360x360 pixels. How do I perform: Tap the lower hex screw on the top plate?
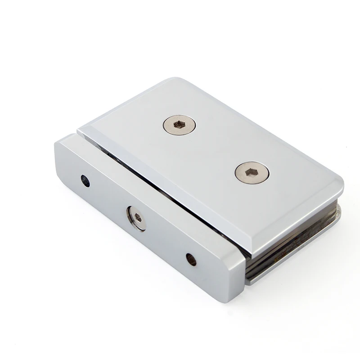(x=252, y=172)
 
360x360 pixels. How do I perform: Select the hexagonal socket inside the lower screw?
(x=252, y=172)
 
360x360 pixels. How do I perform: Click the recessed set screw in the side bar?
(x=137, y=218)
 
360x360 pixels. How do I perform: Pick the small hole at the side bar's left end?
(x=85, y=181)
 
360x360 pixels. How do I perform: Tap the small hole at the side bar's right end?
(x=191, y=259)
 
